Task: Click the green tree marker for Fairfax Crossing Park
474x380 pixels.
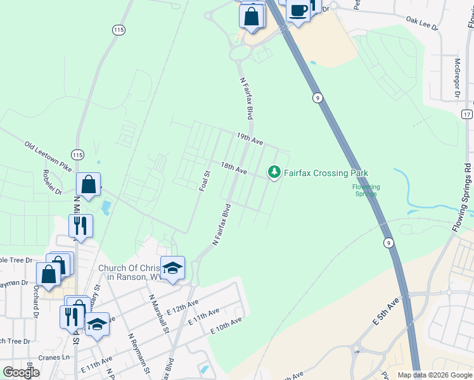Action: click(274, 172)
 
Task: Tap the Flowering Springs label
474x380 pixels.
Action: click(366, 190)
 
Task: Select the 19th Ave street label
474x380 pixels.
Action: click(250, 139)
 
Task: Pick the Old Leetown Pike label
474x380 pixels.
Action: click(48, 154)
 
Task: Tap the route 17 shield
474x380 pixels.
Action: click(467, 114)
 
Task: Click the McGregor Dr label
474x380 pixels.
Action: click(457, 79)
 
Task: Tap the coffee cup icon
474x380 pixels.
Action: click(298, 10)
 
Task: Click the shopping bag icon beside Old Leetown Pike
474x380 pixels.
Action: click(89, 184)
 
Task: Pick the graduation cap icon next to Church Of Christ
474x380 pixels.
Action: click(172, 267)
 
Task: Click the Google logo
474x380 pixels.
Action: click(20, 372)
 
